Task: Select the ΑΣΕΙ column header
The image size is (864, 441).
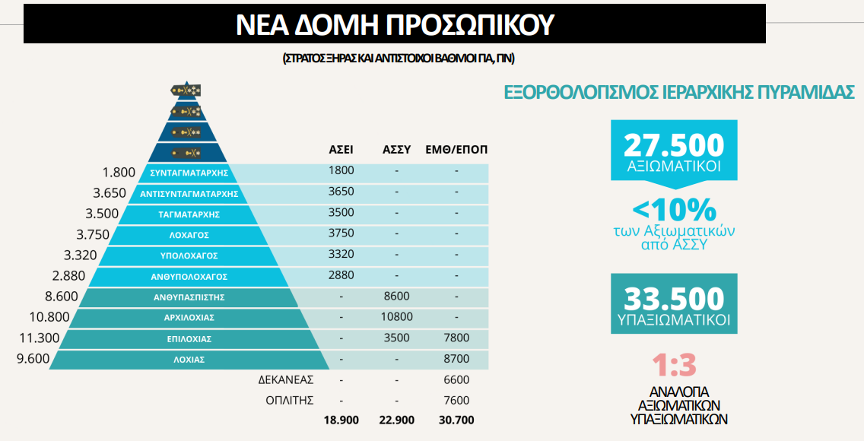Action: tap(341, 149)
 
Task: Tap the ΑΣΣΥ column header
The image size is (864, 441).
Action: tap(396, 149)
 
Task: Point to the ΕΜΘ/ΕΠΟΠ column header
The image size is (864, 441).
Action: tap(457, 149)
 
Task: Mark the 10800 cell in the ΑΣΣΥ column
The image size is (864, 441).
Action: tap(396, 317)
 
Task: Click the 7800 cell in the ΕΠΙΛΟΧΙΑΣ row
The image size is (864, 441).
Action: tap(456, 338)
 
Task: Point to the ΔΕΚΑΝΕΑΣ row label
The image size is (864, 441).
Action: tap(286, 379)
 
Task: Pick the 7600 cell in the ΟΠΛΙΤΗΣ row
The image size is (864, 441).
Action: tap(456, 400)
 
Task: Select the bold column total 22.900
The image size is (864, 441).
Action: tap(396, 420)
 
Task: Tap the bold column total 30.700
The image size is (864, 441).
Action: tap(456, 420)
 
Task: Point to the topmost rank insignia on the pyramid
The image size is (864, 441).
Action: tap(185, 90)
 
